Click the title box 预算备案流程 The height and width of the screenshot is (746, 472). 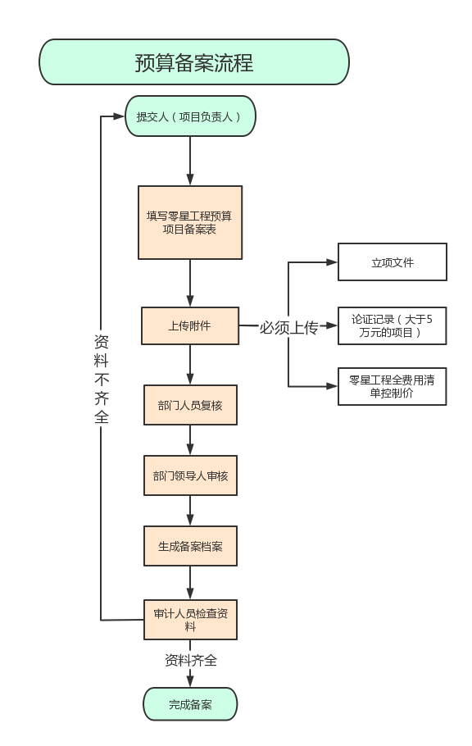(194, 62)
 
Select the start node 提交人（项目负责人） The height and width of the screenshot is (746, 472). (190, 116)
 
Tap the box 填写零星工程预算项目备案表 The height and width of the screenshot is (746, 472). (190, 223)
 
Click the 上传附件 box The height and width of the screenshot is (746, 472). (190, 326)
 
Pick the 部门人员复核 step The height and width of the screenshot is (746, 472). (190, 405)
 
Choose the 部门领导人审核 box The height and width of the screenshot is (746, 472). (190, 475)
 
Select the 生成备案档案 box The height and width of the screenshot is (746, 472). (190, 546)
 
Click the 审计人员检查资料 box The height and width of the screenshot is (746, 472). (190, 620)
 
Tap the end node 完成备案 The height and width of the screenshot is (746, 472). (190, 704)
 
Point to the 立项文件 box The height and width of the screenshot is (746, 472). (393, 262)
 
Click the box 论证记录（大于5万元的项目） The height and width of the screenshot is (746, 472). (393, 326)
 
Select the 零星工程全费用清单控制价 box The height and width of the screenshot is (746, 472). (393, 386)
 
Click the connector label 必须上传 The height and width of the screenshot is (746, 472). (288, 327)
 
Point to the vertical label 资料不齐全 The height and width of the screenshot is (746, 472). (102, 379)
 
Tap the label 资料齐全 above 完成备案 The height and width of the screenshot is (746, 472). (191, 661)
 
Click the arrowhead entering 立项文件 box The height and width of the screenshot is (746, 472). (332, 262)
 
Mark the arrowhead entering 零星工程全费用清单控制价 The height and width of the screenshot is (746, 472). (332, 386)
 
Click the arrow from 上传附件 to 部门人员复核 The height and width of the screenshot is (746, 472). (190, 365)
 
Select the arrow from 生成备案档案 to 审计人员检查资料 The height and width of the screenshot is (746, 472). (190, 583)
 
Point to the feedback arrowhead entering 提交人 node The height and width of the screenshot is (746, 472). (119, 116)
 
